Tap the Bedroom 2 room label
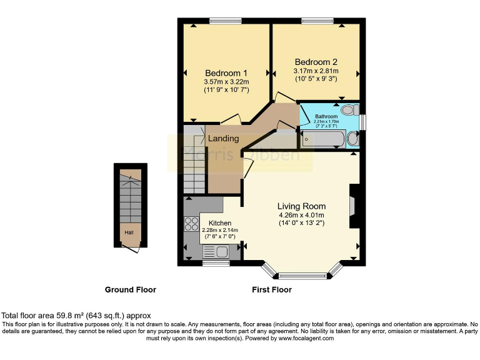316,62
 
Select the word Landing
223,138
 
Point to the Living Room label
301,206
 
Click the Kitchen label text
219,223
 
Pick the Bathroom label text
326,116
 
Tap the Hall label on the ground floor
129,233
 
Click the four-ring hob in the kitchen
191,224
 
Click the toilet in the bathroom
350,109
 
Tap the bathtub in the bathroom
322,138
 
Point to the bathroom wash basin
353,138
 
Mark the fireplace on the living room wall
353,206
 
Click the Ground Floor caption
131,290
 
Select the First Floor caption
271,290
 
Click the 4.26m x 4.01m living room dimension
302,216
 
